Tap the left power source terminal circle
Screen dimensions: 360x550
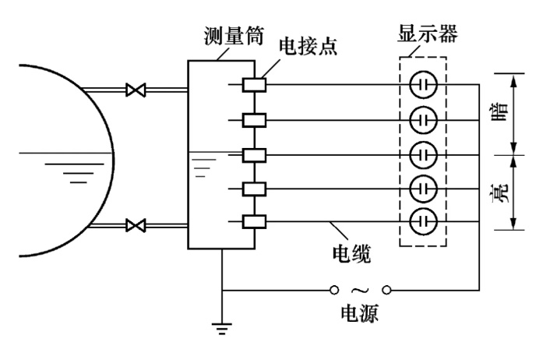pyautogui.click(x=333, y=290)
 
